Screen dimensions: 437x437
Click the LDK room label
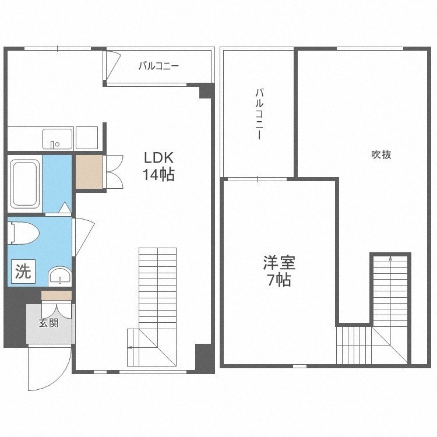pyautogui.click(x=159, y=157)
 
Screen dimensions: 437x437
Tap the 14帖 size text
pyautogui.click(x=158, y=175)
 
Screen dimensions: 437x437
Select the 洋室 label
pyautogui.click(x=279, y=263)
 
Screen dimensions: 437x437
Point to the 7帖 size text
pyautogui.click(x=279, y=280)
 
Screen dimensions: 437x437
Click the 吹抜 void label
pyautogui.click(x=381, y=154)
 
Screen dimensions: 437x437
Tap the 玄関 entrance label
pyautogui.click(x=49, y=323)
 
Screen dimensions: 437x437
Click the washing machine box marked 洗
pyautogui.click(x=23, y=271)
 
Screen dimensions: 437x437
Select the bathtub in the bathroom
pyautogui.click(x=24, y=184)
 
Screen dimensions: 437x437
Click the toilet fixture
pyautogui.click(x=23, y=233)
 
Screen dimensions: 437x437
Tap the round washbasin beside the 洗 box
pyautogui.click(x=60, y=276)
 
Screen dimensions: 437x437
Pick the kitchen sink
pyautogui.click(x=57, y=139)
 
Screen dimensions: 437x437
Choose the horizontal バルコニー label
pyautogui.click(x=158, y=66)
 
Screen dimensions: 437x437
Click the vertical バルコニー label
pyautogui.click(x=259, y=114)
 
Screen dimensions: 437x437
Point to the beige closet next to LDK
pyautogui.click(x=89, y=172)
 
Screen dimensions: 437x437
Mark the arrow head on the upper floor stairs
pyautogui.click(x=390, y=258)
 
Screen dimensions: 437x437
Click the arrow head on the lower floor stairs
pyautogui.click(x=130, y=347)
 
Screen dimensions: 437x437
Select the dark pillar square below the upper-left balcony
pyautogui.click(x=206, y=91)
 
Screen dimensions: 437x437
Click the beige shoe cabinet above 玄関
pyautogui.click(x=57, y=295)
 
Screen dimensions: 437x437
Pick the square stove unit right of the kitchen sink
pyautogui.click(x=87, y=138)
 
